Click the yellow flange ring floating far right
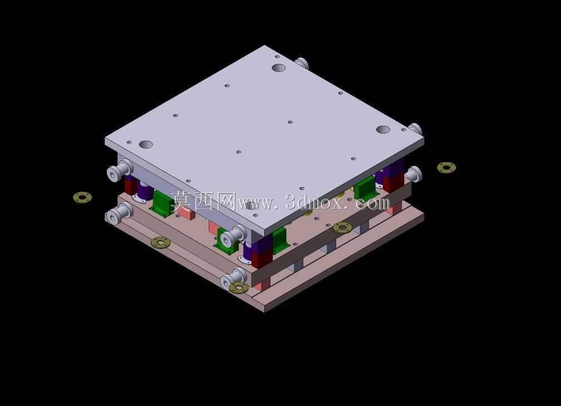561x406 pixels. click(x=446, y=167)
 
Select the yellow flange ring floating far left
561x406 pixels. click(x=82, y=197)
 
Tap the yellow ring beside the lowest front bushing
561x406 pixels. click(x=239, y=287)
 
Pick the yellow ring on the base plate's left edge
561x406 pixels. click(x=161, y=242)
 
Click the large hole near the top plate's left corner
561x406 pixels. click(x=146, y=145)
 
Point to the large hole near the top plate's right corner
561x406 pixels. click(x=383, y=130)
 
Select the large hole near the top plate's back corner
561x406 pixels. click(x=278, y=67)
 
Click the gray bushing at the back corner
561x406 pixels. click(x=302, y=63)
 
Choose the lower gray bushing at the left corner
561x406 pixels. click(x=120, y=214)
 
